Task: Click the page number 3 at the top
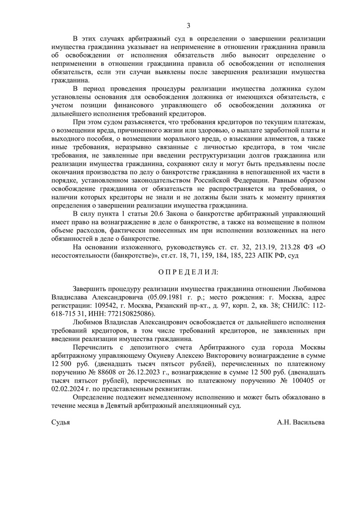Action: (189, 25)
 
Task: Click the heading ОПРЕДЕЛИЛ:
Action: (189, 273)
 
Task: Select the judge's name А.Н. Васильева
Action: (301, 424)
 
